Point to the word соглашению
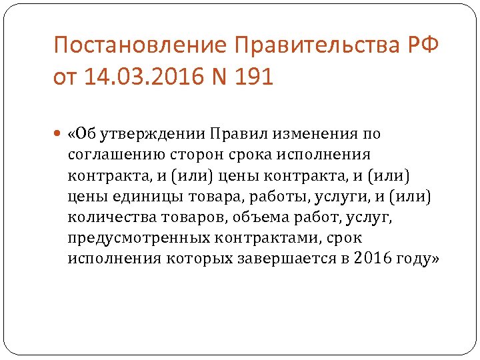(x=111, y=155)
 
